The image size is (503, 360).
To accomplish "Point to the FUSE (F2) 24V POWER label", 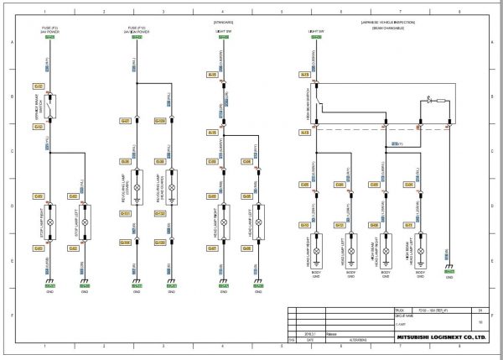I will [x=49, y=30].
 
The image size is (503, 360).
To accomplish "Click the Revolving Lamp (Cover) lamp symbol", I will [x=137, y=183].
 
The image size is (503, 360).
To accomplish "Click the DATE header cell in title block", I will [x=310, y=341].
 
